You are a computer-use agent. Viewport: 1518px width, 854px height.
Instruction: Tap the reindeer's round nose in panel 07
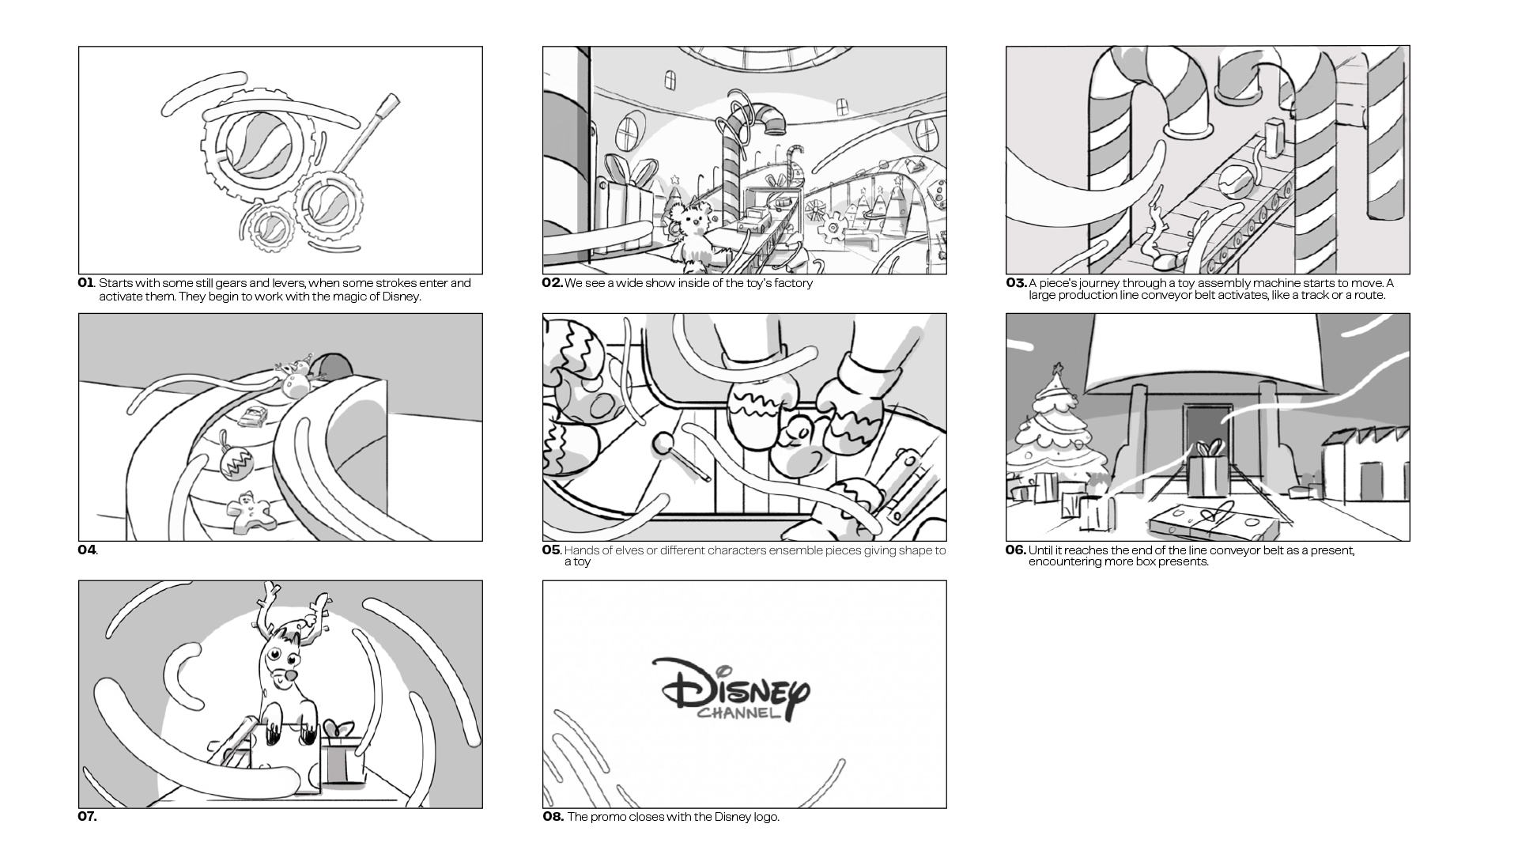292,678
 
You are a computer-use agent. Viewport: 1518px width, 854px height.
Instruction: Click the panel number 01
85,283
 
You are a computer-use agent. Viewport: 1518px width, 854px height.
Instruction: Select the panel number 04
86,550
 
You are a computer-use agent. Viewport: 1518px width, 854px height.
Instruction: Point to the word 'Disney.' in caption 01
402,297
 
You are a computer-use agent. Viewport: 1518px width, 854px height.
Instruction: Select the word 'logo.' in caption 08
765,817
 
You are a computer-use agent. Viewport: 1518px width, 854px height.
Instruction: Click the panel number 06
1015,550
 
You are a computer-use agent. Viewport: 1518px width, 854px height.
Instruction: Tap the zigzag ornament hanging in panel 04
235,463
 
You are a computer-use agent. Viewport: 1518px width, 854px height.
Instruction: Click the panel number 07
87,817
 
